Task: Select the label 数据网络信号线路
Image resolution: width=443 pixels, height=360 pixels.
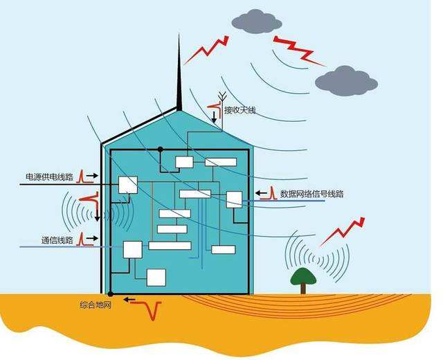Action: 311,194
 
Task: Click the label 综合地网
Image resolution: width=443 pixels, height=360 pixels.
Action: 96,304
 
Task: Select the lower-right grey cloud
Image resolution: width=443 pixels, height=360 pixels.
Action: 345,81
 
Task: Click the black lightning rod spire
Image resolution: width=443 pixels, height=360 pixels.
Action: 179,76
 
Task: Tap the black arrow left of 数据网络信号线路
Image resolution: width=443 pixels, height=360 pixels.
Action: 262,193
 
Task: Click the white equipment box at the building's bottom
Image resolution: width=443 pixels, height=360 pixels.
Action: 156,277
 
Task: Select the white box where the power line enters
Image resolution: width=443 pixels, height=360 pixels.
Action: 128,185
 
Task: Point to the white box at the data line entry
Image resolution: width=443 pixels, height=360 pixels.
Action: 234,199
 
